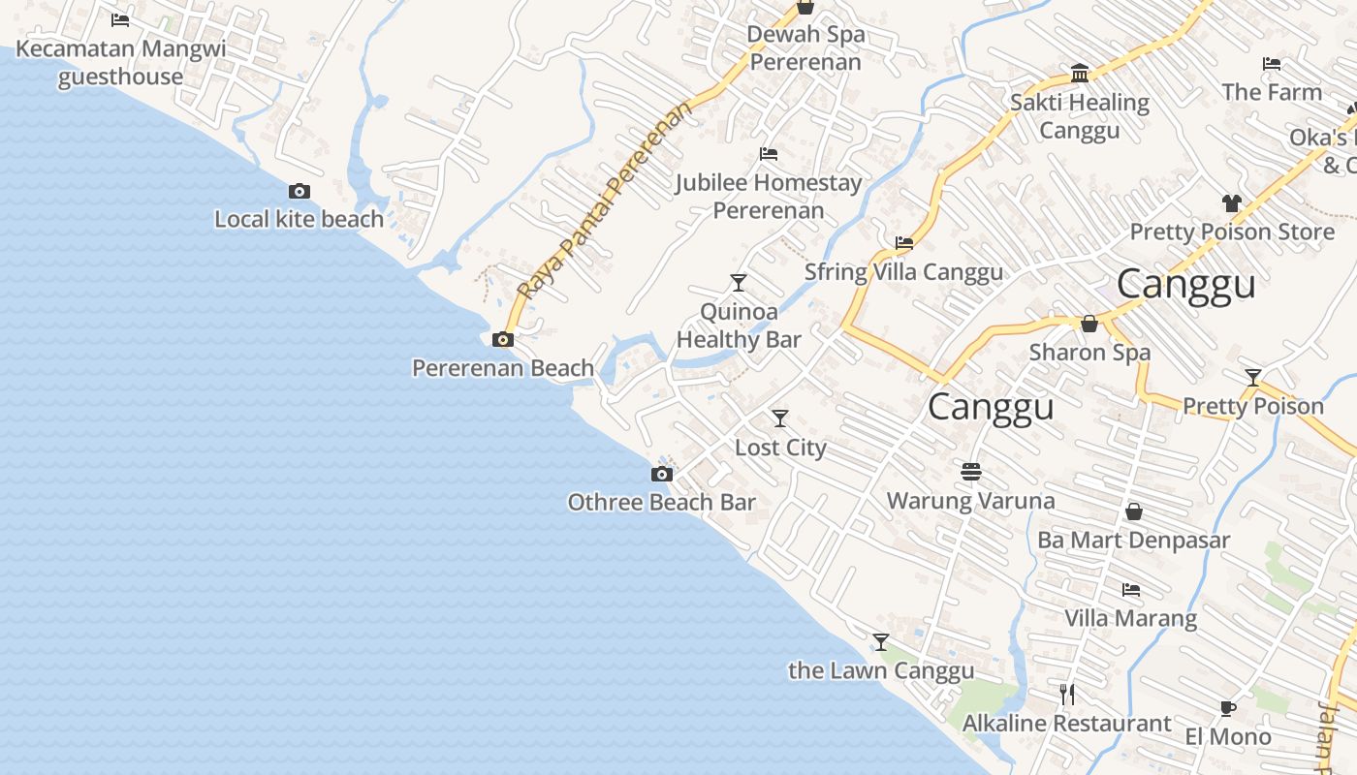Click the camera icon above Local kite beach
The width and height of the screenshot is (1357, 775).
(x=300, y=192)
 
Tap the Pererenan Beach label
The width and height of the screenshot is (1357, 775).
(x=503, y=368)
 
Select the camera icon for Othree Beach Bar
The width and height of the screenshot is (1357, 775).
(x=662, y=475)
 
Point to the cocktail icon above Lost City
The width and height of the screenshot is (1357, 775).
(x=780, y=418)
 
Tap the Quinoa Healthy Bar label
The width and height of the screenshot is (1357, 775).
(x=739, y=325)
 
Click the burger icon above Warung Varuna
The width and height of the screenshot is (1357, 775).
(x=971, y=472)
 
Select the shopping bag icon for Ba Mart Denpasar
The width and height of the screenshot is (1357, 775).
(x=1134, y=511)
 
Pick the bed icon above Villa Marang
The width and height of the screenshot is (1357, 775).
(x=1131, y=590)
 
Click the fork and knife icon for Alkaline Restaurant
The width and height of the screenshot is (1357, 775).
(x=1067, y=695)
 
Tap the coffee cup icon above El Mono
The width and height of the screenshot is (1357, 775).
(x=1228, y=708)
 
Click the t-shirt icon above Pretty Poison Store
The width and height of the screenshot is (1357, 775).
(x=1232, y=203)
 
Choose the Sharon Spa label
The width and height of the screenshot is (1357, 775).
(x=1089, y=352)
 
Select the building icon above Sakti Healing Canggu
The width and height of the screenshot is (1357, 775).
(x=1080, y=74)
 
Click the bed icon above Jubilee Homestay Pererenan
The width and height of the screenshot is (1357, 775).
(x=769, y=154)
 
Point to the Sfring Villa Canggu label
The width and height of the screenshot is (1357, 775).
(x=903, y=272)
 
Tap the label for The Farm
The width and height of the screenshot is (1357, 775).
(x=1272, y=92)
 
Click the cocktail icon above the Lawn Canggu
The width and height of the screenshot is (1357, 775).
(x=881, y=642)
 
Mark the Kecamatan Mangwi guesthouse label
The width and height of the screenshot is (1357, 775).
(x=121, y=62)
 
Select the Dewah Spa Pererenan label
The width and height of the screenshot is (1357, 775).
(x=805, y=48)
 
